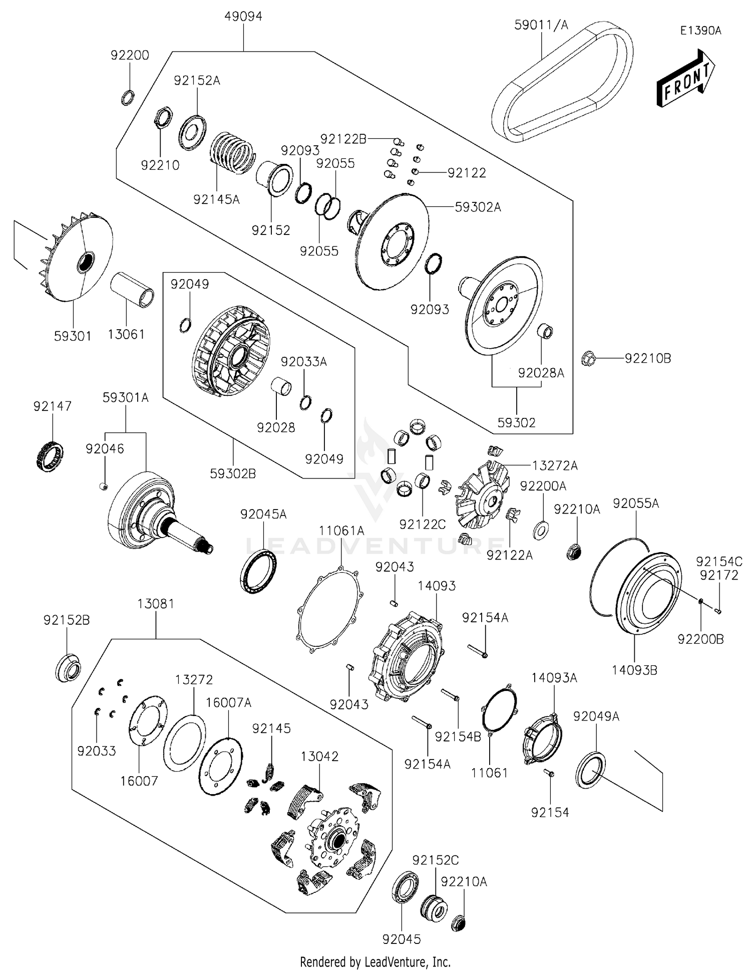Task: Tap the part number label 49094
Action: point(243,16)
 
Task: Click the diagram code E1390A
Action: point(700,31)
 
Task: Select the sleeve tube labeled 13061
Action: point(132,290)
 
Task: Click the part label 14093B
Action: point(634,670)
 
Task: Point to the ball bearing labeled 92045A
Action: point(258,571)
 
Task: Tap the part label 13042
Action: point(319,757)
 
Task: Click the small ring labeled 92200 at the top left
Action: point(128,97)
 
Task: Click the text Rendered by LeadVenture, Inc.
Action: point(375,961)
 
